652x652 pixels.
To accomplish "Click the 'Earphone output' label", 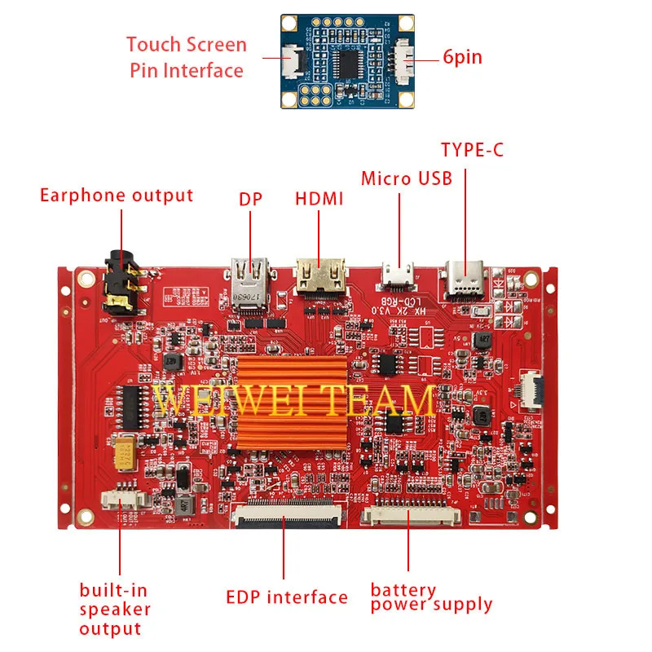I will coord(117,196).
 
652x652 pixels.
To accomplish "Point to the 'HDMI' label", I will coord(319,198).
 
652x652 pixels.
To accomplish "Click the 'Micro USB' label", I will coord(406,178).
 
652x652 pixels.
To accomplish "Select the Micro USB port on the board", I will coord(400,275).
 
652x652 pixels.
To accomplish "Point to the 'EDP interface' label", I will coord(286,597).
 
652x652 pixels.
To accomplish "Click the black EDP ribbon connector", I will coord(285,514).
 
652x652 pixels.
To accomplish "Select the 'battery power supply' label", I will coord(431,597).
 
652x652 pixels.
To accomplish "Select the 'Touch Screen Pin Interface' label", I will coord(186,57).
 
